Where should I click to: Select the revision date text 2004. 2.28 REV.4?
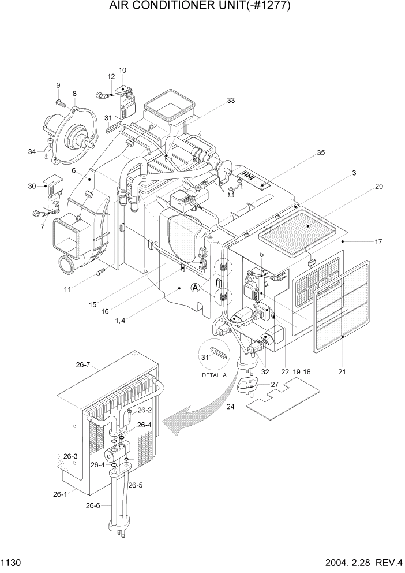[x=359, y=563]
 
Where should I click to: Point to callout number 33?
[x=231, y=101]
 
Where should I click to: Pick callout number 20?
[x=379, y=187]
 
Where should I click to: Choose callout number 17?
[x=379, y=242]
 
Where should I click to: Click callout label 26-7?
[x=83, y=365]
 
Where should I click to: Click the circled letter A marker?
[x=196, y=287]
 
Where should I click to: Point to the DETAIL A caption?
[x=215, y=375]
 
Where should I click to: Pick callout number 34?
[x=31, y=152]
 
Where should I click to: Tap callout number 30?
[x=31, y=186]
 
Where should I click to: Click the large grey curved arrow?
[x=185, y=422]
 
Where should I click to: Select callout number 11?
[x=67, y=289]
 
